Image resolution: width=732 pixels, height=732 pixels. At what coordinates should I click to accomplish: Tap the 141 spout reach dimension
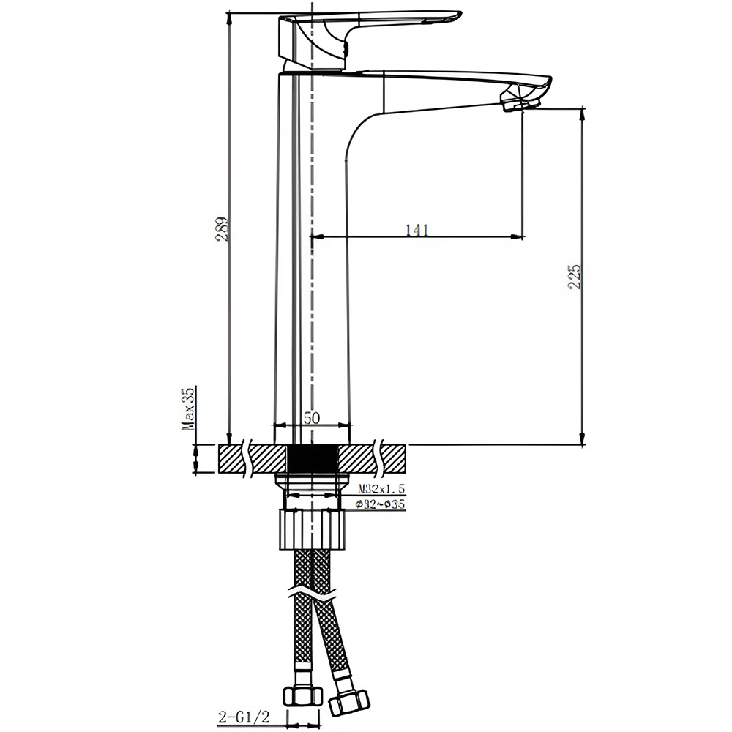point(416,230)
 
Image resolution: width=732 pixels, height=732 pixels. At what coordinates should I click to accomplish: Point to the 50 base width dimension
point(312,418)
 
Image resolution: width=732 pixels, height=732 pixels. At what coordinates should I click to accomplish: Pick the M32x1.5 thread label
point(381,488)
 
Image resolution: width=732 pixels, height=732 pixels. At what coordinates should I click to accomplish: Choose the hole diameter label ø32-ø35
point(381,504)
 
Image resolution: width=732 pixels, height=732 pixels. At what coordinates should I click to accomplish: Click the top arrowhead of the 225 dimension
point(583,113)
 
